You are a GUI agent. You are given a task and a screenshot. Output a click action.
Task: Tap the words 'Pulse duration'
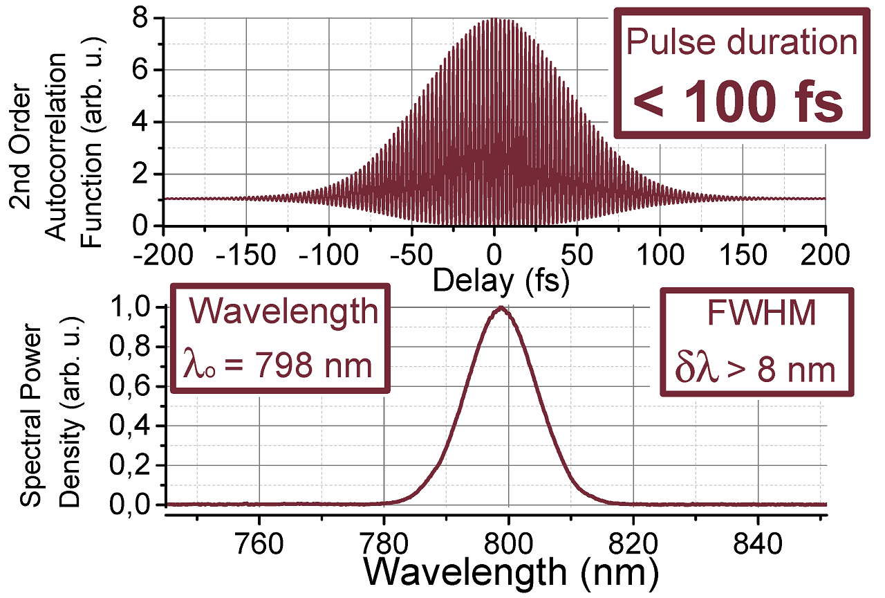(x=741, y=43)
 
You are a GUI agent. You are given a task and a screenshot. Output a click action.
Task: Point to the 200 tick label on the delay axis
(x=825, y=255)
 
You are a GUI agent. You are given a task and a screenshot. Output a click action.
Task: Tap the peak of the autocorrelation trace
(x=494, y=19)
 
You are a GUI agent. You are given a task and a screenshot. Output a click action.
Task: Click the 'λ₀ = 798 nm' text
(x=278, y=365)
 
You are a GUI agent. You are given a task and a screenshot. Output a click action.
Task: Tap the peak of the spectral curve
(x=501, y=309)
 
